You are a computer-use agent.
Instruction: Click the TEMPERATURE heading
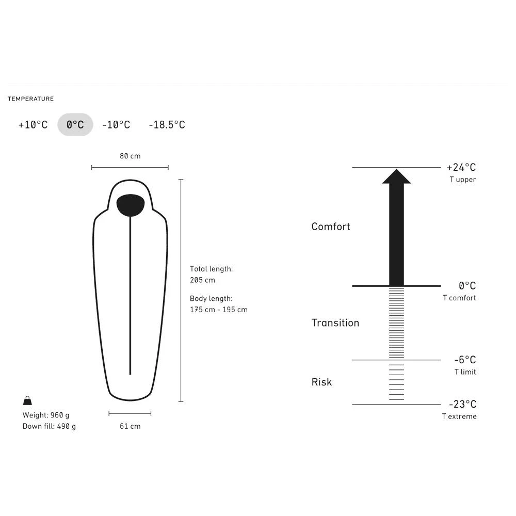30,99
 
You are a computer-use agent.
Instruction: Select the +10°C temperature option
33,125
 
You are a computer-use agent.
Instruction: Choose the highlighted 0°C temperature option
75,125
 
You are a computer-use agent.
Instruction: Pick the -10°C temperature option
116,125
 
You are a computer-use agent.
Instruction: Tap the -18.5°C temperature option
167,125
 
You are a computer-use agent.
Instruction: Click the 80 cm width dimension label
130,156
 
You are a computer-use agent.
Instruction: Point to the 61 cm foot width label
130,426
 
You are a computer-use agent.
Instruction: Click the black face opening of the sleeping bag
131,205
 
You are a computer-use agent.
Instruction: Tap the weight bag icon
28,400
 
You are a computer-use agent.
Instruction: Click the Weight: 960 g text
46,415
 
